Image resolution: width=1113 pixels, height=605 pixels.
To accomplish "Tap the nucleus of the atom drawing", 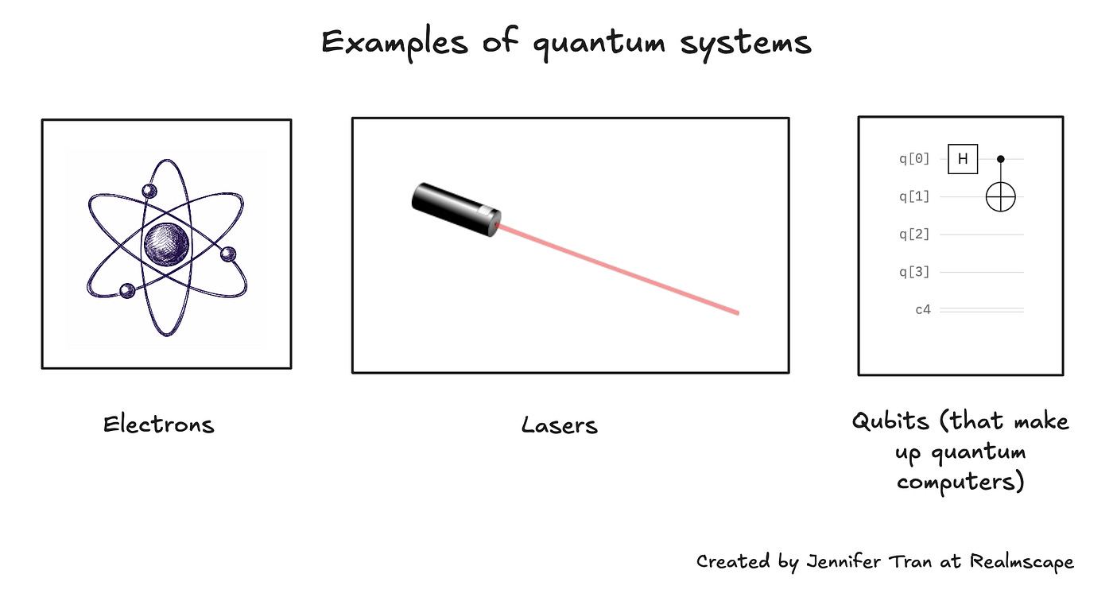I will pyautogui.click(x=166, y=243).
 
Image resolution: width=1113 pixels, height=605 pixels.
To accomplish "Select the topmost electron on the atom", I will pyautogui.click(x=148, y=191).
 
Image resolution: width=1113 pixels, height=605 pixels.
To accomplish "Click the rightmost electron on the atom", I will pyautogui.click(x=228, y=254).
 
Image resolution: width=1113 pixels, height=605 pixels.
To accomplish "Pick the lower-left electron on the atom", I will pyautogui.click(x=126, y=290).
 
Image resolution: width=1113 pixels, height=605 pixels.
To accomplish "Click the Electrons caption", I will pyautogui.click(x=158, y=425).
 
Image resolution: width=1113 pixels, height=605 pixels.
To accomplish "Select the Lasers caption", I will pyautogui.click(x=559, y=425).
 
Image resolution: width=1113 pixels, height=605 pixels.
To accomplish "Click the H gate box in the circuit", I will pyautogui.click(x=963, y=159).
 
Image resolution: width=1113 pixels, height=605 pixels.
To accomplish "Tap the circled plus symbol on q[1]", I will pyautogui.click(x=1001, y=196).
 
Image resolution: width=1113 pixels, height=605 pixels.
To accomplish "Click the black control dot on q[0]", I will pyautogui.click(x=1001, y=159).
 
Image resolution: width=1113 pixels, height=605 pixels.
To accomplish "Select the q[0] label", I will pyautogui.click(x=914, y=159).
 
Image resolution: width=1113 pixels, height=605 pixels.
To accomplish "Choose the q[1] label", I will pyautogui.click(x=914, y=196).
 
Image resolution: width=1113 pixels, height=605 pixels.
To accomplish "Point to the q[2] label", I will pyautogui.click(x=914, y=235).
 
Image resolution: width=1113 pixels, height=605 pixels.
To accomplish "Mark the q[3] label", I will pyautogui.click(x=914, y=273).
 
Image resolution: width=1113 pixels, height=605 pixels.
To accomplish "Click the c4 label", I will pyautogui.click(x=922, y=310).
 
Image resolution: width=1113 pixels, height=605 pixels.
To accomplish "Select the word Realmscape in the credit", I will pyautogui.click(x=1022, y=562).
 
